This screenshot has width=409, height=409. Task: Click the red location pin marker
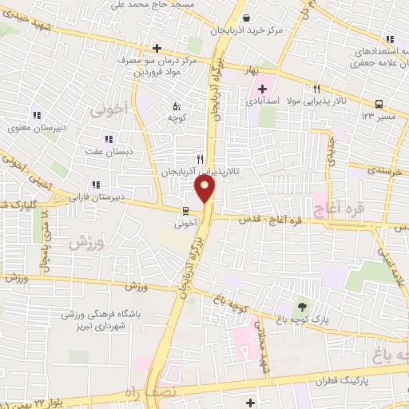tap(205, 188)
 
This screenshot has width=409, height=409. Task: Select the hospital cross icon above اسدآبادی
tap(262, 89)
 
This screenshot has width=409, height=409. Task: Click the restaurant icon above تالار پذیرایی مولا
tap(316, 89)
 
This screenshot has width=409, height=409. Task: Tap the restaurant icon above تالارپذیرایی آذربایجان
tap(200, 158)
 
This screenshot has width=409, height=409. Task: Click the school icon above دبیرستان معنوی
tap(36, 113)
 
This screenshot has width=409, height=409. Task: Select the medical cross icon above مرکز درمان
tap(157, 48)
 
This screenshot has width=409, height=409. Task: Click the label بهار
tap(254, 70)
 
